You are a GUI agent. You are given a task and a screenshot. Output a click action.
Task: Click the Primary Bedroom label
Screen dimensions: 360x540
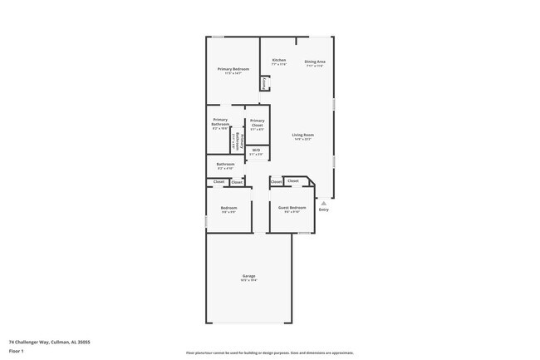(x=233, y=69)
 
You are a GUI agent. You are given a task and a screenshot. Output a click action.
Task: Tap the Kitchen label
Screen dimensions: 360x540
(x=279, y=60)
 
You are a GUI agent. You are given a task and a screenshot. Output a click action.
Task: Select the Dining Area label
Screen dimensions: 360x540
(x=314, y=61)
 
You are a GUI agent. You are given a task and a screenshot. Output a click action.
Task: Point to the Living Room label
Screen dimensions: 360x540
(x=302, y=135)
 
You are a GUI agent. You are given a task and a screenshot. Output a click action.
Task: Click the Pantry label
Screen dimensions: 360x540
(x=264, y=82)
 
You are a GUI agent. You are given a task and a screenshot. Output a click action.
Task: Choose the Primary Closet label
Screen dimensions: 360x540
(x=257, y=122)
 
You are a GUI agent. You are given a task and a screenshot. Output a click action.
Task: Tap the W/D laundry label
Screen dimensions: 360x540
(x=257, y=150)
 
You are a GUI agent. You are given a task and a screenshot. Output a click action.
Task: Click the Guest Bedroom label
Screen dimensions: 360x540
(x=292, y=207)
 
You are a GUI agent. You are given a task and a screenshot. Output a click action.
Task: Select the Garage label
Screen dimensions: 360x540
(x=248, y=275)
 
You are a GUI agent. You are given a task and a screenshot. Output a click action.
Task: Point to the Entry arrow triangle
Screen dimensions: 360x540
(x=324, y=201)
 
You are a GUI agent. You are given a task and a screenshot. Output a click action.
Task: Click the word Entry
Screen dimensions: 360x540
(x=324, y=209)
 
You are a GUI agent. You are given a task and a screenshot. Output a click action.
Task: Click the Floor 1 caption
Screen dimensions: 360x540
(x=16, y=352)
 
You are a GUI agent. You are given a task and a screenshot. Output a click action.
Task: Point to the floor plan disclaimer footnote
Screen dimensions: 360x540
(x=269, y=353)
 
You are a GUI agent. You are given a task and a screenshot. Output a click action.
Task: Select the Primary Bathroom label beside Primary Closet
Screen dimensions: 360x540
(x=220, y=122)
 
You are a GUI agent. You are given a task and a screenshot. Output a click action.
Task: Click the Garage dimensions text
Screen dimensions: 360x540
(x=248, y=280)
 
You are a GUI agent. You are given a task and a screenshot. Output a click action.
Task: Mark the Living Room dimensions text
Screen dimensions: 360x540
(x=302, y=139)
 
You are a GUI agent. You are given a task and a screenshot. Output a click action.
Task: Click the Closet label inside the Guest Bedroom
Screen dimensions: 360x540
(x=292, y=180)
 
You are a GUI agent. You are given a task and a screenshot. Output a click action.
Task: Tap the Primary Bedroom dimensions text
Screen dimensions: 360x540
(x=233, y=74)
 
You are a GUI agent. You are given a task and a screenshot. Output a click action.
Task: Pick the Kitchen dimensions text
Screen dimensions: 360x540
(x=279, y=64)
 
